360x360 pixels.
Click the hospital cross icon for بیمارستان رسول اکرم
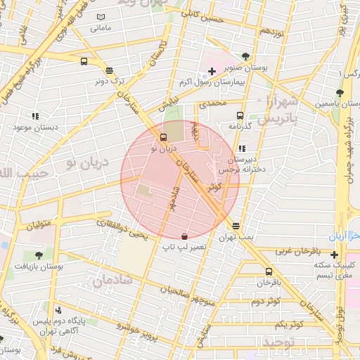point(212,71)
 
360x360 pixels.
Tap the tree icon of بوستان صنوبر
point(245,56)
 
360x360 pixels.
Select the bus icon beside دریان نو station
point(164,137)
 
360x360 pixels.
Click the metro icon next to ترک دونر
point(109,70)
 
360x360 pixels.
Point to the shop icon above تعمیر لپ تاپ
point(184,236)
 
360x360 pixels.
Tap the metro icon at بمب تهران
point(236,226)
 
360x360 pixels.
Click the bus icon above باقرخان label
point(269,272)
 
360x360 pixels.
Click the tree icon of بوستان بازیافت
point(39,255)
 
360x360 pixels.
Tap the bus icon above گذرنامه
point(240,115)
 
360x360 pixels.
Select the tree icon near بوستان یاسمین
point(340,93)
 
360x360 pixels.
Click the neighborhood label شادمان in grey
point(112,281)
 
